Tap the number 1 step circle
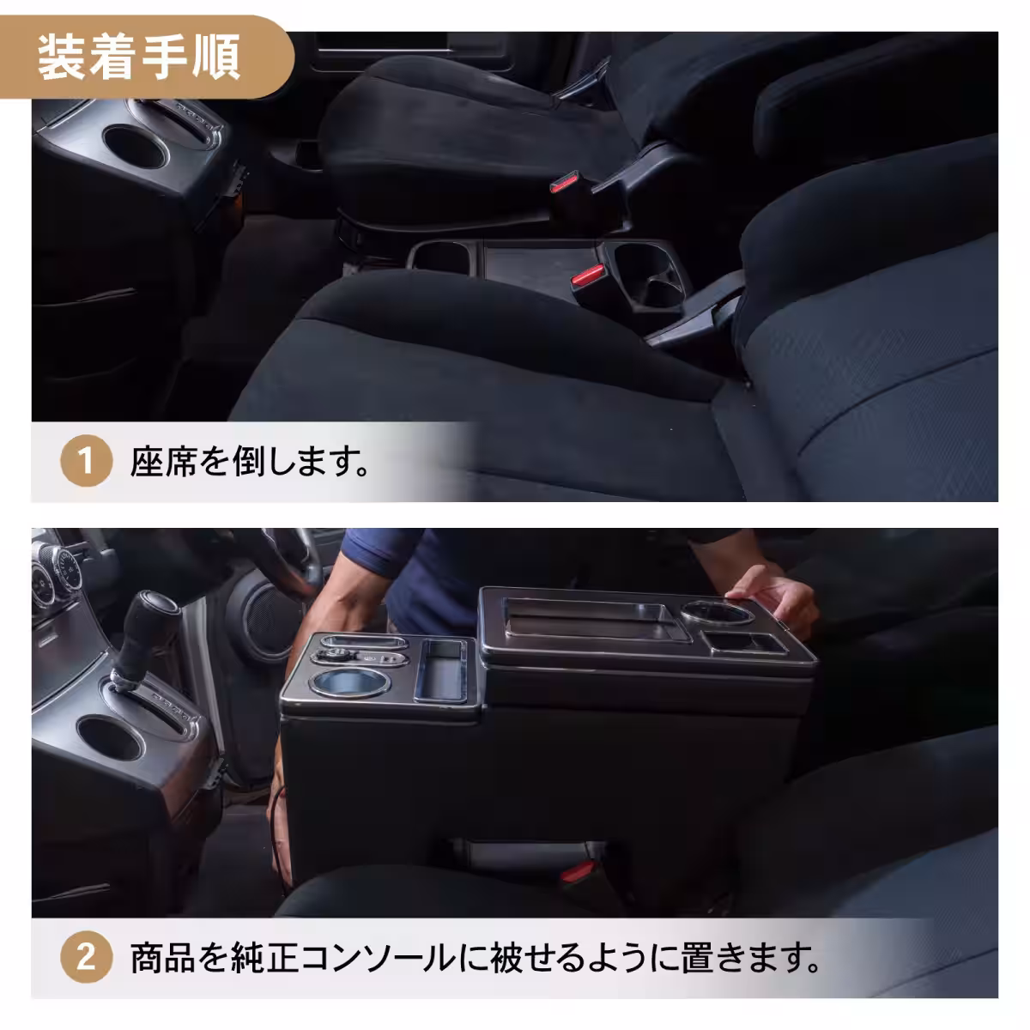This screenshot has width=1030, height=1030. (x=86, y=463)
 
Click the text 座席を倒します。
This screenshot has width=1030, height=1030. (x=249, y=463)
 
